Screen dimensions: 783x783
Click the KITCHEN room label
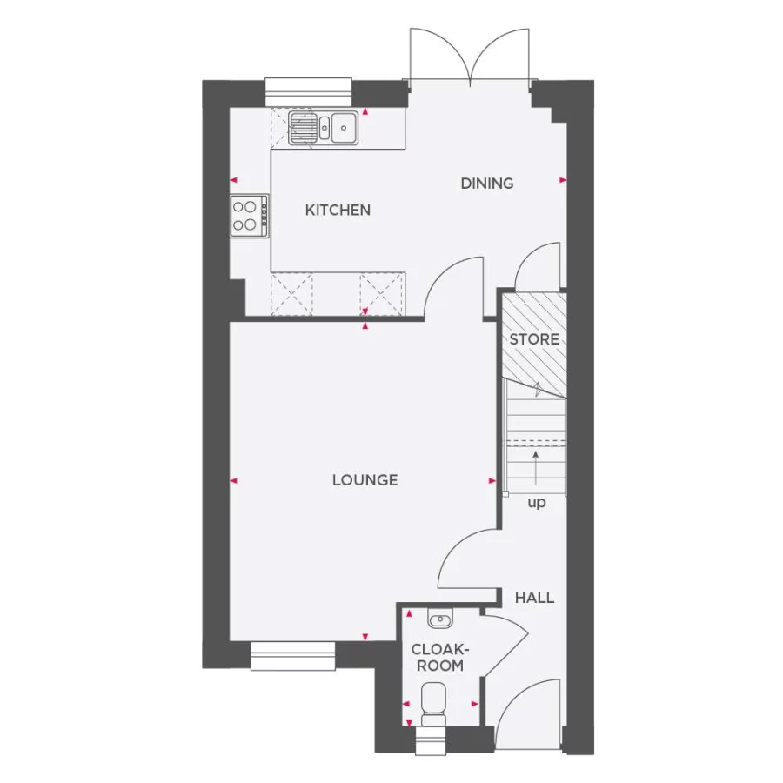tap(338, 210)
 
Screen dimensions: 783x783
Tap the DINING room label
tap(487, 183)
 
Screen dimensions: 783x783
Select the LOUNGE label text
tap(365, 479)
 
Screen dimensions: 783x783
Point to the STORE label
tap(534, 338)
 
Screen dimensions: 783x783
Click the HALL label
tap(534, 598)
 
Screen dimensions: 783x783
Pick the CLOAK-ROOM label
tap(440, 657)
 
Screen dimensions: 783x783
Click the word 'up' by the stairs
tap(537, 503)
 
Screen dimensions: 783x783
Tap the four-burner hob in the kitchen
tap(249, 216)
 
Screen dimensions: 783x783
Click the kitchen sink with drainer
tap(322, 127)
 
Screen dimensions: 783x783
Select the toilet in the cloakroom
tap(432, 702)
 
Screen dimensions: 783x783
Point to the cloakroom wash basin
tap(441, 619)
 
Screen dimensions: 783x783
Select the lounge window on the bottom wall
tap(293, 656)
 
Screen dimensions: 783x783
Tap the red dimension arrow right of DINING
tap(563, 180)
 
